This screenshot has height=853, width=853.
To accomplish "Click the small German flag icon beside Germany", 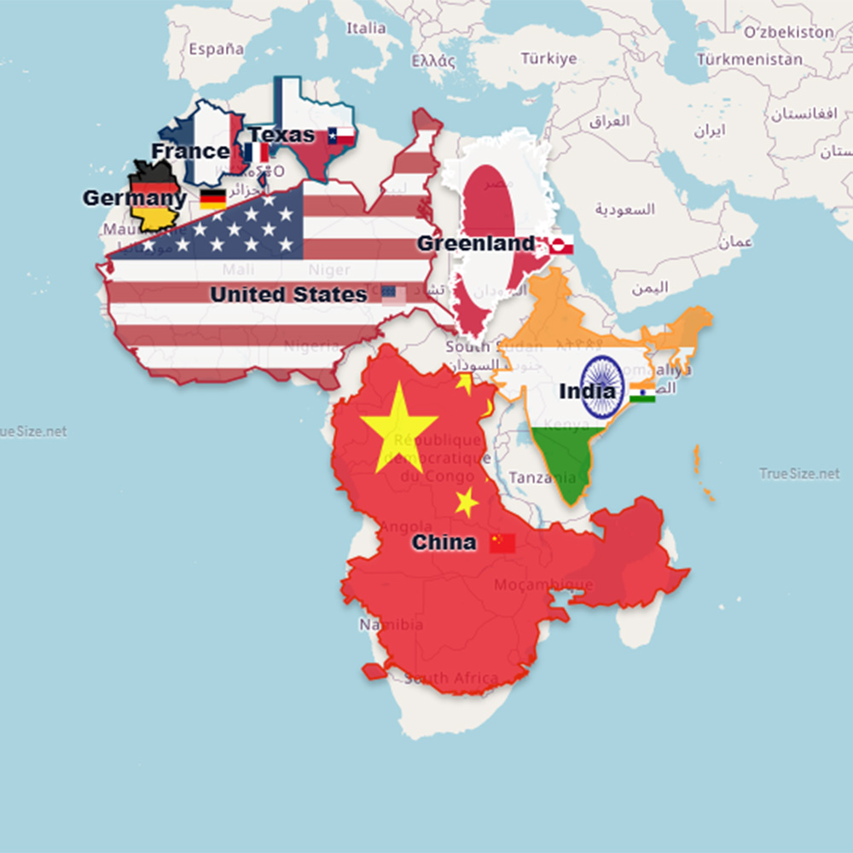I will [x=212, y=200].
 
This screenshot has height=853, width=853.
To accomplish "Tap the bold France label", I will [x=190, y=151].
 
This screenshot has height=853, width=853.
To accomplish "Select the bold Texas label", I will [x=281, y=135].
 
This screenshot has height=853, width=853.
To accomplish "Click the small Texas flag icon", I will [x=340, y=135].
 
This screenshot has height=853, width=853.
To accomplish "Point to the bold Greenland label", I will [x=476, y=244].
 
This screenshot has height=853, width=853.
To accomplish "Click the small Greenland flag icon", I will [x=561, y=246].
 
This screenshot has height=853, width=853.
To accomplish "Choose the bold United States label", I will [x=288, y=294].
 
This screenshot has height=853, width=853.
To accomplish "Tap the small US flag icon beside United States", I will [x=394, y=294].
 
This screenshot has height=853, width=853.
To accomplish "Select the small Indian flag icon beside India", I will [x=642, y=392].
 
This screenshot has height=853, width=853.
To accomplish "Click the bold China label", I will [x=444, y=543].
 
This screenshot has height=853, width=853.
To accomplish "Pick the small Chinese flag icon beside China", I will [x=502, y=543].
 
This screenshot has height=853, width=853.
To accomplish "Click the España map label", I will [x=216, y=49].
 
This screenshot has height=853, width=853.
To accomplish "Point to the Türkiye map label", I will [x=548, y=59].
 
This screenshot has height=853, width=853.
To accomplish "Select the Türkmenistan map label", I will [x=749, y=60].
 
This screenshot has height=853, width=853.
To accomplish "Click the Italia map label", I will [x=366, y=28].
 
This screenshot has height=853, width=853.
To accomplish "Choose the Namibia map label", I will [x=391, y=624].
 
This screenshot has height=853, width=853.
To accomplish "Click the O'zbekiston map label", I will [x=788, y=32].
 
